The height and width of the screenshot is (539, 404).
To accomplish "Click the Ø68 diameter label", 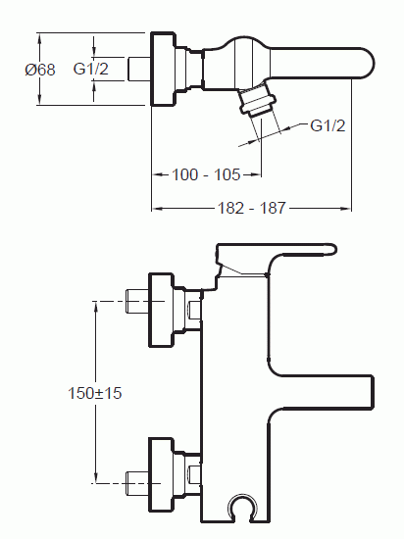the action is click(40, 70).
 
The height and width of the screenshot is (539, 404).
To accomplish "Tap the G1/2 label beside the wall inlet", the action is click(91, 69).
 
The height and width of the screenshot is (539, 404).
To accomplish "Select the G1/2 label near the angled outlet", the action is click(328, 125).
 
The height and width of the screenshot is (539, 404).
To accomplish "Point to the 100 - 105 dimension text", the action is click(206, 174).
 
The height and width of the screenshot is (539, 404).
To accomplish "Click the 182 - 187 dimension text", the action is click(252, 208).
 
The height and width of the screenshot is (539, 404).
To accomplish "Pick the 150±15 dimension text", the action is click(95, 393).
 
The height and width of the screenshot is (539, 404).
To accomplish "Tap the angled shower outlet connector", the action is click(258, 100).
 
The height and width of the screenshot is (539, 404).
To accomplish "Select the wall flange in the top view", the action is click(164, 69).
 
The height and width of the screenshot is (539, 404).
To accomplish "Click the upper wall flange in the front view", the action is click(161, 310).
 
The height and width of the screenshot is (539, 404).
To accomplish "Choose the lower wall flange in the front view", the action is click(161, 474).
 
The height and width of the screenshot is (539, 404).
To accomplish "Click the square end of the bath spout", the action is click(372, 392).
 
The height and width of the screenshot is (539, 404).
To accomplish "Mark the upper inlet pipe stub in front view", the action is click(136, 302).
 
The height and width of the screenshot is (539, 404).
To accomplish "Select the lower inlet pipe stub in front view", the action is click(136, 483).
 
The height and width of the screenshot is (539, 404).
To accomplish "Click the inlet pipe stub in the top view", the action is click(139, 70).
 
